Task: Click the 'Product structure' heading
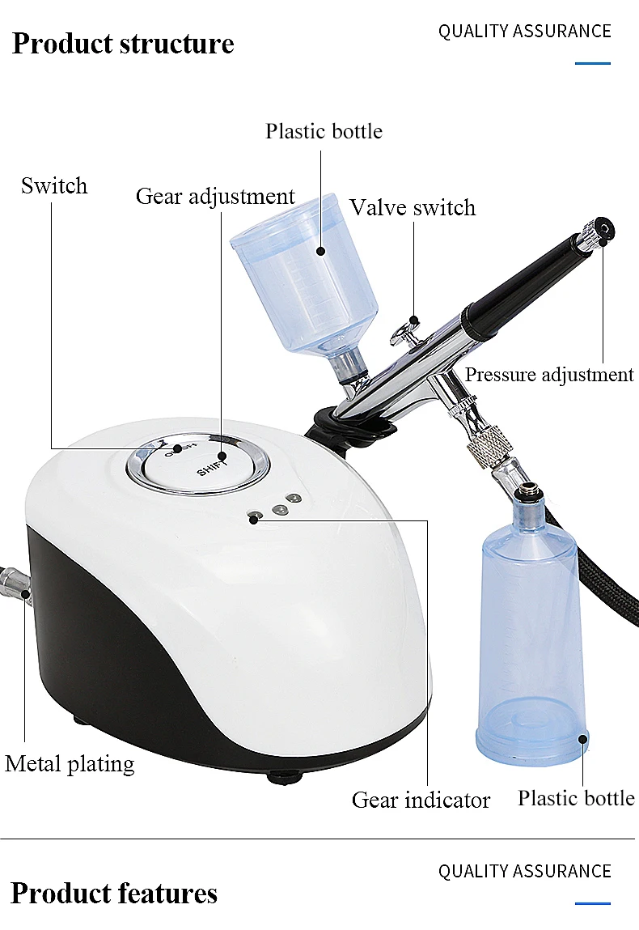point(123,44)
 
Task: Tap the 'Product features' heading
point(114,894)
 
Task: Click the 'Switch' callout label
point(54,186)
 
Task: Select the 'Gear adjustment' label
point(215,197)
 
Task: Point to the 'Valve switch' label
point(413,208)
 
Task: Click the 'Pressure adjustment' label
point(548,375)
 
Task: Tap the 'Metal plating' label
point(70,764)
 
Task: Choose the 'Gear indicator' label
point(421,800)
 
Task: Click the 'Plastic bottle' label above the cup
point(324,131)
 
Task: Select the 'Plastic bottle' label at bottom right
point(576,798)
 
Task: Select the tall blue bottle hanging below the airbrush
point(531,631)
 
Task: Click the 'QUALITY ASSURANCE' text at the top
point(524,32)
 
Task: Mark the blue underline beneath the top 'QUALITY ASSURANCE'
point(592,63)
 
